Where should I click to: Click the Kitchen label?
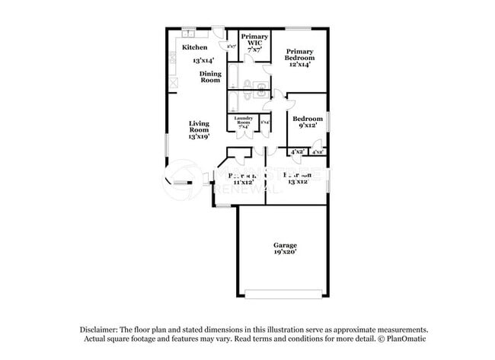tap(194, 47)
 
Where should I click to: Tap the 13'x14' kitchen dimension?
tap(203, 59)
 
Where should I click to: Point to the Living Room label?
tap(199, 126)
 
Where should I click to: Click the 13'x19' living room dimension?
tap(199, 137)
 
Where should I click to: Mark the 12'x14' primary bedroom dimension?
tap(299, 65)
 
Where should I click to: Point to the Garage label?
tap(285, 244)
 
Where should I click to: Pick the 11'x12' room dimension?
tap(243, 183)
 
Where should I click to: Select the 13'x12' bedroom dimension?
tap(297, 183)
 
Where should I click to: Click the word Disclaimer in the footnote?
tap(101, 329)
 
